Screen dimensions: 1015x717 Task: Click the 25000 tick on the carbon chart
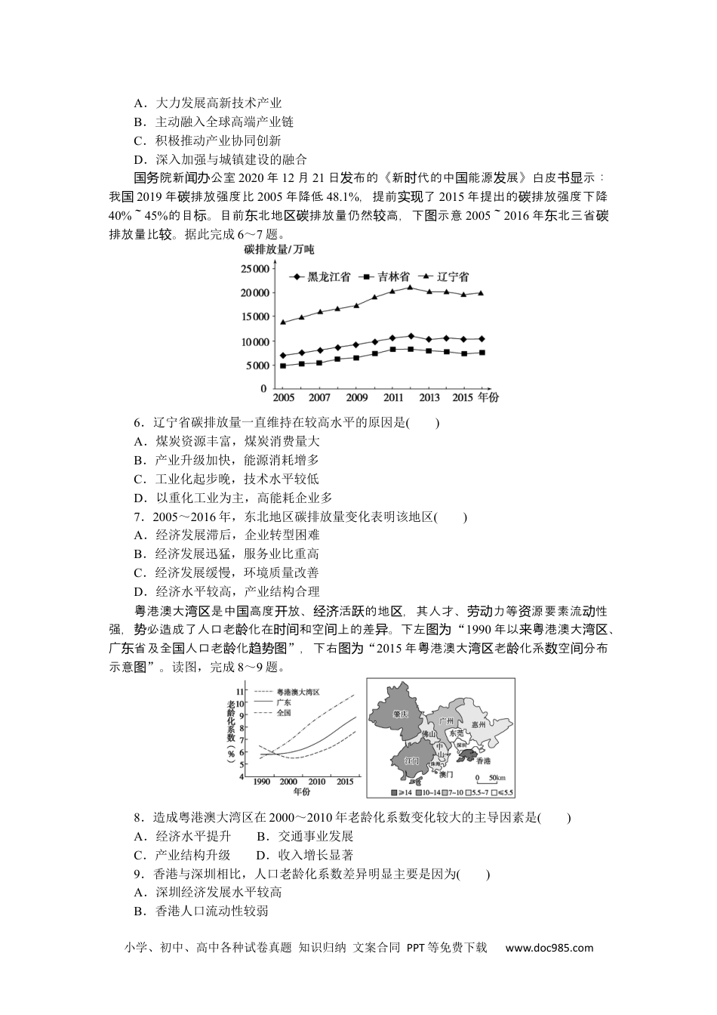point(254,269)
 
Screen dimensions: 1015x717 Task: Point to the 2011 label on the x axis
point(393,397)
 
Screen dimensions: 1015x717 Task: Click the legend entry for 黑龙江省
point(320,276)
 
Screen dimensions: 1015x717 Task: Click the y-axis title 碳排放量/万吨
point(278,249)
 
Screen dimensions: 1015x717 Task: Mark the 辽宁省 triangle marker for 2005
point(283,322)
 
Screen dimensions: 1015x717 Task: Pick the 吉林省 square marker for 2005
point(283,366)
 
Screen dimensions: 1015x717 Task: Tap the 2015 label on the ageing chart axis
point(346,782)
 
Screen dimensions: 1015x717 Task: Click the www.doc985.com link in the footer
point(549,948)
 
